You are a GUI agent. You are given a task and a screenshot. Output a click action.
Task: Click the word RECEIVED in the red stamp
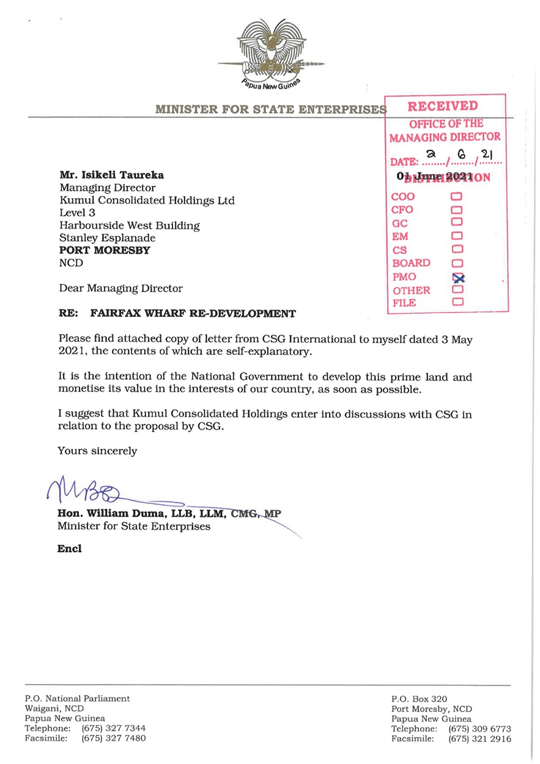click(x=443, y=106)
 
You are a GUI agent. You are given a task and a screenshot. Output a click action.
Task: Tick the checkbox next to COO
click(x=456, y=197)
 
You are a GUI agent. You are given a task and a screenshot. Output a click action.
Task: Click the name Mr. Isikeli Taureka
click(x=111, y=176)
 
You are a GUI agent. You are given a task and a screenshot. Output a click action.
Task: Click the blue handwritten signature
click(x=86, y=490)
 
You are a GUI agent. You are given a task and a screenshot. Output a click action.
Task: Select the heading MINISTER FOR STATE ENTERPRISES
click(x=269, y=109)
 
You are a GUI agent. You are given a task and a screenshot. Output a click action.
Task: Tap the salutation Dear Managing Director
click(x=120, y=287)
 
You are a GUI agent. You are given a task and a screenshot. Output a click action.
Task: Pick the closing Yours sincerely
click(x=97, y=451)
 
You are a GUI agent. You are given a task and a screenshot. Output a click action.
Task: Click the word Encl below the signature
click(x=69, y=549)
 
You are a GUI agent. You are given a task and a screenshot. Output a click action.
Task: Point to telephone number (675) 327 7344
click(x=114, y=729)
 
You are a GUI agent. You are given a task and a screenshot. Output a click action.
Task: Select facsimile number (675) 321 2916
click(x=480, y=739)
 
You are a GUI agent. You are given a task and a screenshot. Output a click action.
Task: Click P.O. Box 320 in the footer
click(x=420, y=699)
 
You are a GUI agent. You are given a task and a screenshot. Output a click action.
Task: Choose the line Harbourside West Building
click(x=129, y=225)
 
